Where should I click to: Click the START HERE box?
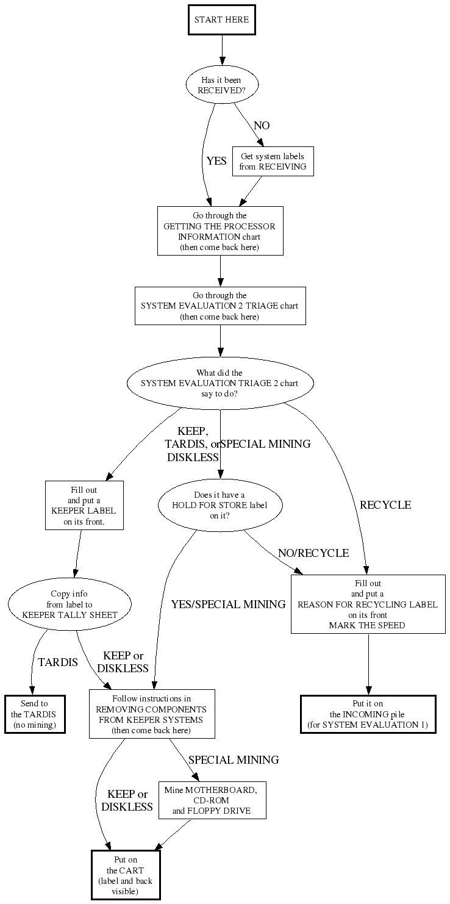(221, 20)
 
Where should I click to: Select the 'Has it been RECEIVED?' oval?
(222, 85)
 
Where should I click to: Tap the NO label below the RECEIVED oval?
(262, 126)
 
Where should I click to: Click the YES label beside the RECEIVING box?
(216, 161)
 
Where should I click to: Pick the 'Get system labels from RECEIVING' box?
(273, 162)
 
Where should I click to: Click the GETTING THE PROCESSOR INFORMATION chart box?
(220, 231)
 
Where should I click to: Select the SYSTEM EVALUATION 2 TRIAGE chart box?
(220, 306)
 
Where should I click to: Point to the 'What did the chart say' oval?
(220, 383)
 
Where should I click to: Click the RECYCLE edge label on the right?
(385, 505)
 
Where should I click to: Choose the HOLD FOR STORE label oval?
(220, 505)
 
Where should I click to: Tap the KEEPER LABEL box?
(84, 505)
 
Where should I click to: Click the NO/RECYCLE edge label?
(313, 553)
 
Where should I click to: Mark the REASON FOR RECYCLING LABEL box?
(368, 604)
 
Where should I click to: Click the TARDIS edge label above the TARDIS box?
(58, 662)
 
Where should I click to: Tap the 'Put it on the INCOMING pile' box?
(368, 714)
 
